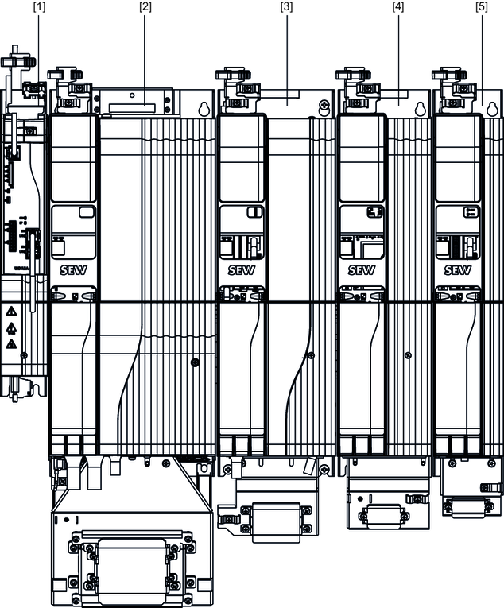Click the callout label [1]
(39, 7)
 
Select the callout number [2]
(145, 7)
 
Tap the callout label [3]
(286, 7)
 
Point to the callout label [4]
(398, 7)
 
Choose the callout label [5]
(482, 7)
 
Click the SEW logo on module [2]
(73, 270)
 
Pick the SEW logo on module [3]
(242, 270)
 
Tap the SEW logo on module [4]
(362, 270)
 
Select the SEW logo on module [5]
(458, 270)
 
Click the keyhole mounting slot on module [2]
(204, 110)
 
